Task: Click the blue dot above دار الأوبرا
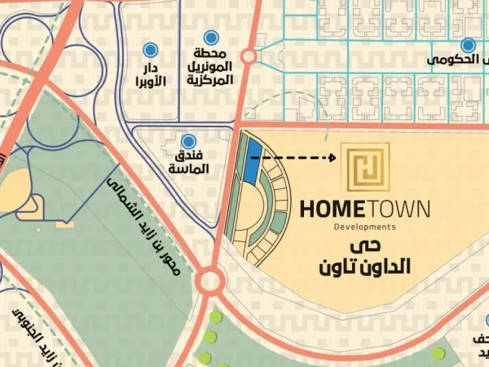click(x=150, y=50)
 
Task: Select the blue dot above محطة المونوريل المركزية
click(x=211, y=37)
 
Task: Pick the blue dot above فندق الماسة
click(x=189, y=141)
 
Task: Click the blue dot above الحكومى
click(x=468, y=46)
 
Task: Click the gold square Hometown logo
click(x=365, y=167)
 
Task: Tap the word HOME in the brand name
click(x=332, y=210)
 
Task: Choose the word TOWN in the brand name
click(x=399, y=210)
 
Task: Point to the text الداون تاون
click(x=364, y=267)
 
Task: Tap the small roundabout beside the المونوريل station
click(x=249, y=56)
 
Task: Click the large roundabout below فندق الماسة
click(x=210, y=283)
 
